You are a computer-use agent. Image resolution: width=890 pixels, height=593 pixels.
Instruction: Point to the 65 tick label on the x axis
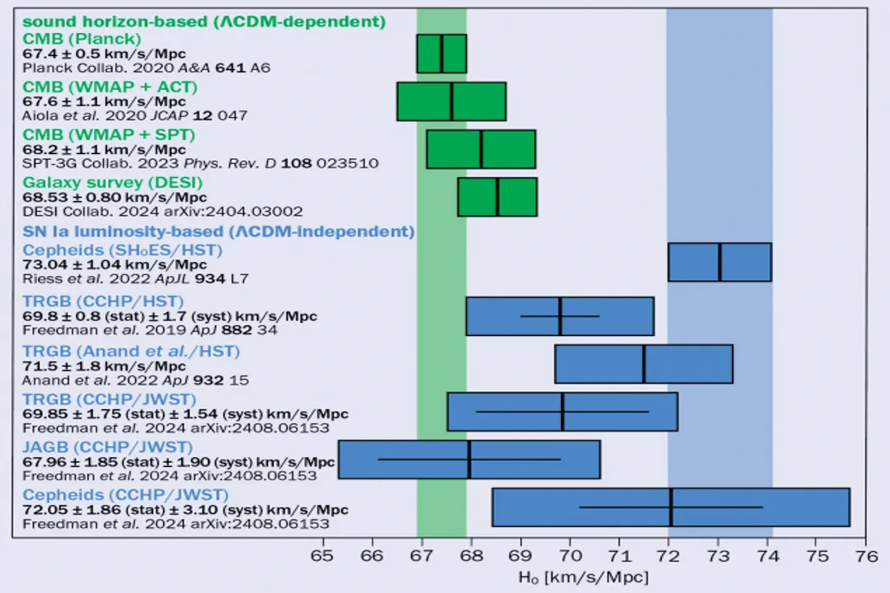pyautogui.click(x=323, y=555)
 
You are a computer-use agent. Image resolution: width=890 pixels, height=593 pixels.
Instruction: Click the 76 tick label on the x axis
pyautogui.click(x=865, y=555)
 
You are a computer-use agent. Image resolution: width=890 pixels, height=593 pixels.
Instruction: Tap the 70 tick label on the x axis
pyautogui.click(x=569, y=555)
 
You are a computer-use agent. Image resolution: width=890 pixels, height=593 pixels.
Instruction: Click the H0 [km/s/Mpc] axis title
pyautogui.click(x=583, y=577)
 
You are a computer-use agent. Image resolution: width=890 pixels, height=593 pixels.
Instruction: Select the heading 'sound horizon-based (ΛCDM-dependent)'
pyautogui.click(x=204, y=22)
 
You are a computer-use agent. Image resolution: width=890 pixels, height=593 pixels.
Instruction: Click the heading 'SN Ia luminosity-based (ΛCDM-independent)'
pyautogui.click(x=218, y=231)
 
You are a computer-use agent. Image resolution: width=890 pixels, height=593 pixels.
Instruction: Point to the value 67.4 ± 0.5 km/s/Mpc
pyautogui.click(x=104, y=54)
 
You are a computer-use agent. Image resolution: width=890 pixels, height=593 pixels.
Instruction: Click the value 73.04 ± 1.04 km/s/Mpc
pyautogui.click(x=115, y=264)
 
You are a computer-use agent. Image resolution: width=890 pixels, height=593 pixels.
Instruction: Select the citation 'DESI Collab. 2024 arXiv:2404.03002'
pyautogui.click(x=162, y=211)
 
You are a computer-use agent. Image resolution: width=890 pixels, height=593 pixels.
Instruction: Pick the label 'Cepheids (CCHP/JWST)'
pyautogui.click(x=125, y=495)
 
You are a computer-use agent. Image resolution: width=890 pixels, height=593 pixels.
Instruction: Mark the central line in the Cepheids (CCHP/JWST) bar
pyautogui.click(x=671, y=507)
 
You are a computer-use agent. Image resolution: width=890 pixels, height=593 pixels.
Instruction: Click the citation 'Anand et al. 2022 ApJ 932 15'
pyautogui.click(x=135, y=381)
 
